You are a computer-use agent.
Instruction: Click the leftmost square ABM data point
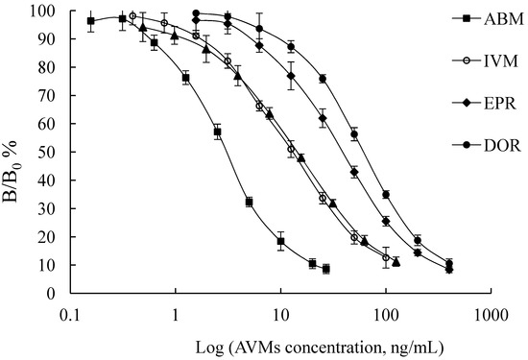coord(90,21)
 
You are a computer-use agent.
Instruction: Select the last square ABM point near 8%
coord(326,269)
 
